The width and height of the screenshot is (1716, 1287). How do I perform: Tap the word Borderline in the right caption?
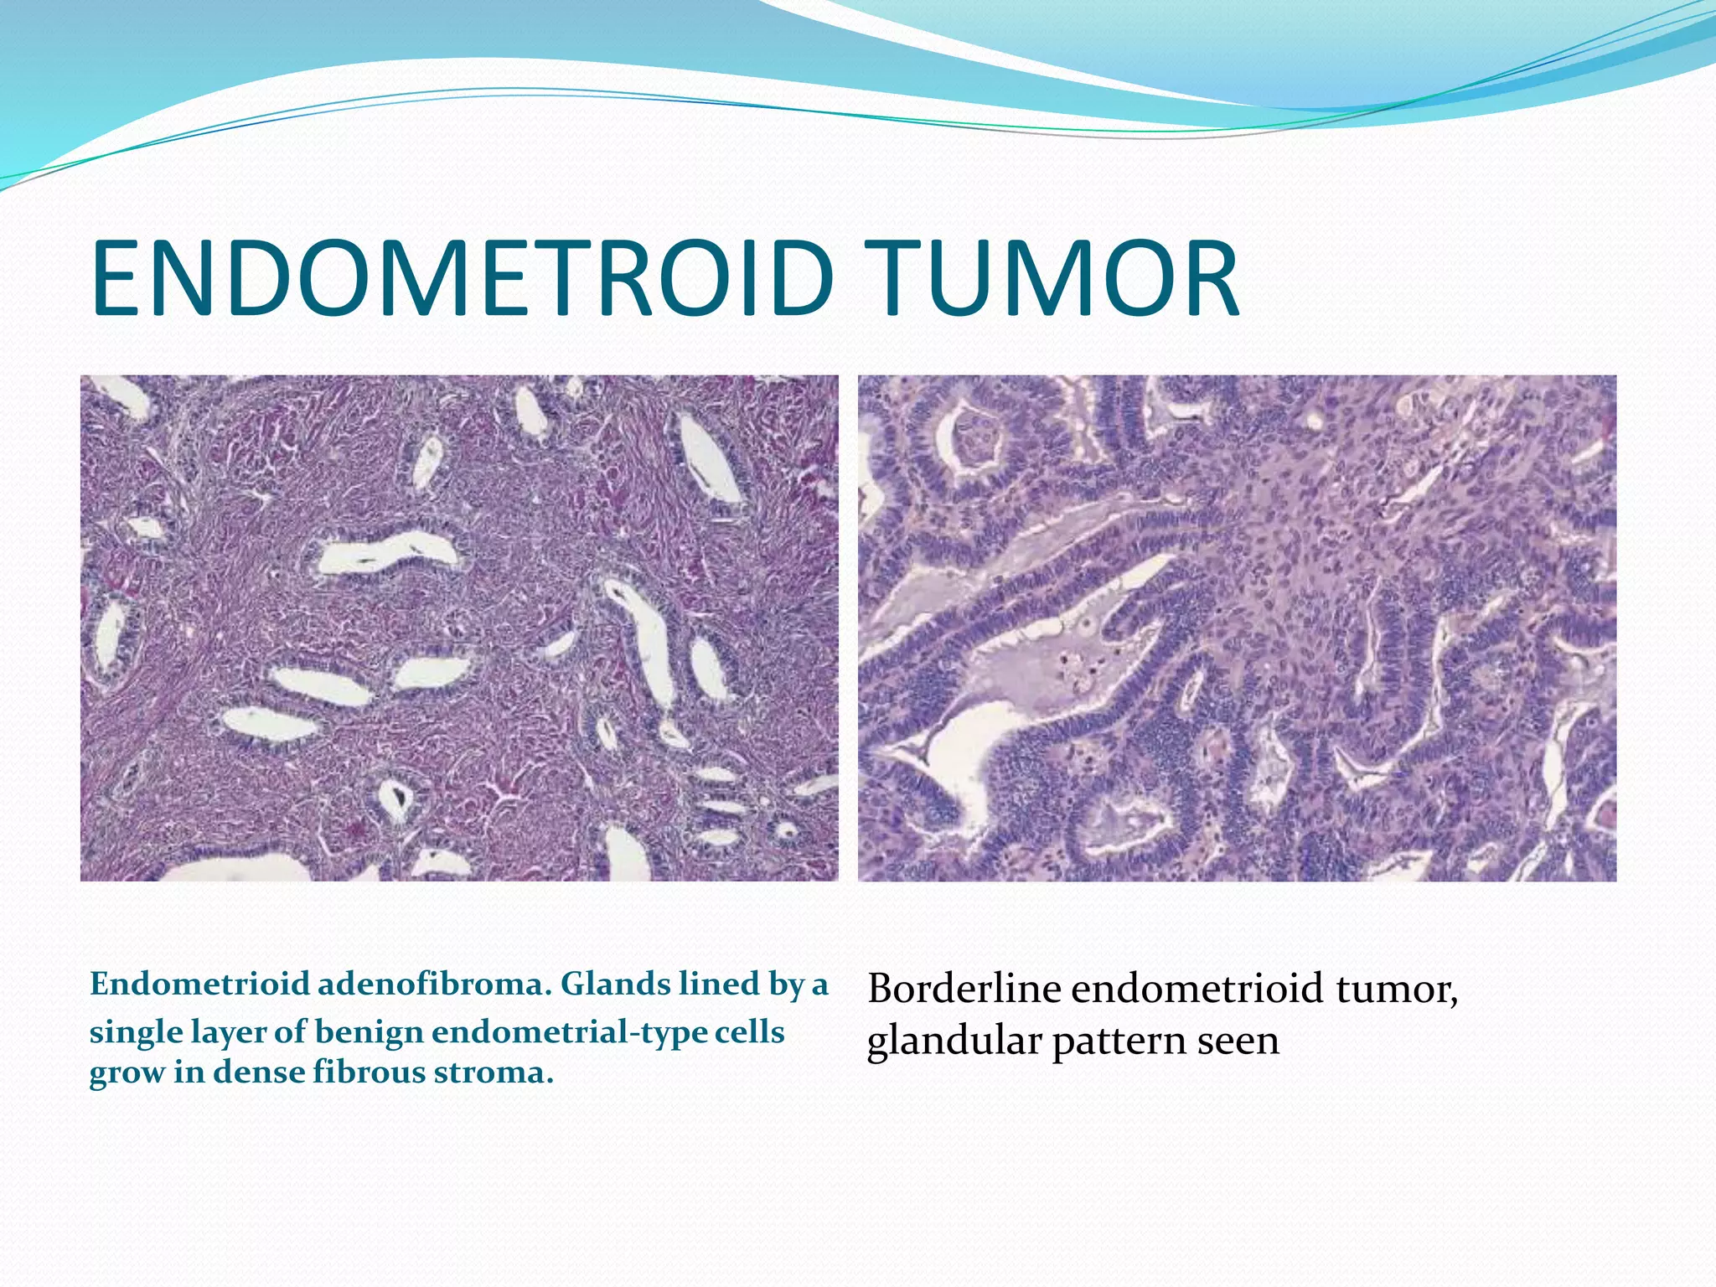tap(964, 989)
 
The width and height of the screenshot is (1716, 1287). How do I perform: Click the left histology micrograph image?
tap(459, 628)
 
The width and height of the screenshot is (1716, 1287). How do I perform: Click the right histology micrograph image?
tap(1237, 628)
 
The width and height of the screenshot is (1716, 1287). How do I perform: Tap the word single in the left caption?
tap(135, 1032)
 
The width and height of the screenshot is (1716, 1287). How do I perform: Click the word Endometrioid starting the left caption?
tap(199, 984)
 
